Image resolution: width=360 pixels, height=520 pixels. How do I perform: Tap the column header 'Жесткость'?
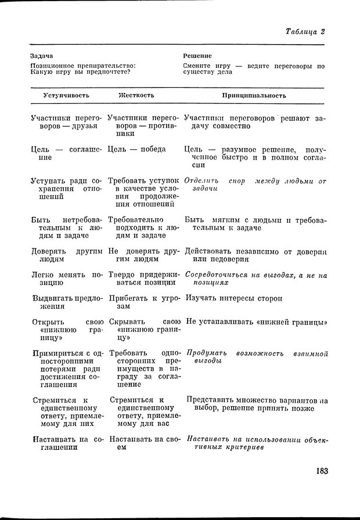tap(136, 95)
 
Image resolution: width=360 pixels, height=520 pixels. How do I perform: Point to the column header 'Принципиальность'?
tap(254, 95)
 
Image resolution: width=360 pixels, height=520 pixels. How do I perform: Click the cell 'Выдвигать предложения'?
tap(66, 303)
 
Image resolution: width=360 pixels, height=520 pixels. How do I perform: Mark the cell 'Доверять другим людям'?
tap(66, 256)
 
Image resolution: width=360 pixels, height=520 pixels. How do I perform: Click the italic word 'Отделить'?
tap(201, 181)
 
